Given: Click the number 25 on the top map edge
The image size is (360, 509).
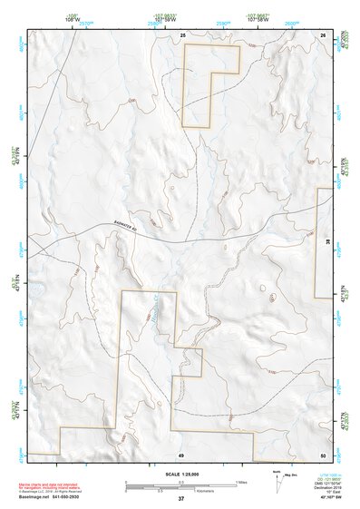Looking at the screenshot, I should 182,34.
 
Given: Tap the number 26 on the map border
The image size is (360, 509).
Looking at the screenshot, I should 323,34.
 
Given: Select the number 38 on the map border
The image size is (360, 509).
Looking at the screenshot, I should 328,242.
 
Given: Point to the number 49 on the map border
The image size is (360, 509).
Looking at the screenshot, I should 181,454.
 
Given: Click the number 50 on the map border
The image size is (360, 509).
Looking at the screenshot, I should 323,454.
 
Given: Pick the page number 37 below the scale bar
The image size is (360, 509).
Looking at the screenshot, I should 181,499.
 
